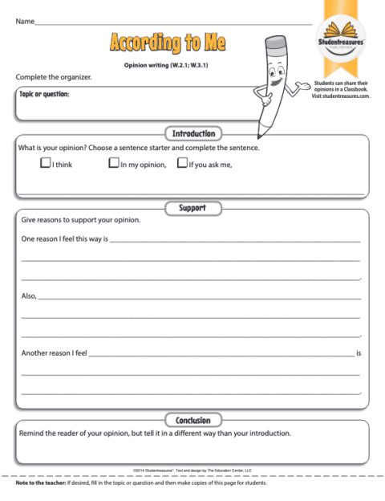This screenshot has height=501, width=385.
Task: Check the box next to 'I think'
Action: coord(45,164)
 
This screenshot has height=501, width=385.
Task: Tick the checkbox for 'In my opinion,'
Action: coord(113,164)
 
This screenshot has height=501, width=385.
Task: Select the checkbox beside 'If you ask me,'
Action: coord(182,164)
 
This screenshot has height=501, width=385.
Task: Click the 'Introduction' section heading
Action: coord(193,133)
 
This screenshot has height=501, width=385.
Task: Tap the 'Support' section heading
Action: coord(192,208)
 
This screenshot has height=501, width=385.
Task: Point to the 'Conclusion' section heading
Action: coord(192,420)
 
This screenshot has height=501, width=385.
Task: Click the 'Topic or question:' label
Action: coord(44,95)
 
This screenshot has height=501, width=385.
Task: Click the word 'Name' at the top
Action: coord(24,21)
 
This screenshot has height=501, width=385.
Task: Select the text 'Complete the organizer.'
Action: coord(54,77)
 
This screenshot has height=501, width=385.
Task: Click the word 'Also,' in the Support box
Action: coord(29,296)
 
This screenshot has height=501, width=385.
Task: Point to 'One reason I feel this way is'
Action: coord(64,239)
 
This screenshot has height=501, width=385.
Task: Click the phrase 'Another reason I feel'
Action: coord(54,352)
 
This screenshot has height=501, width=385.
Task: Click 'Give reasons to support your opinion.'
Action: coord(80,220)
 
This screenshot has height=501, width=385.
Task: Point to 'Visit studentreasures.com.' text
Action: coord(341,96)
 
